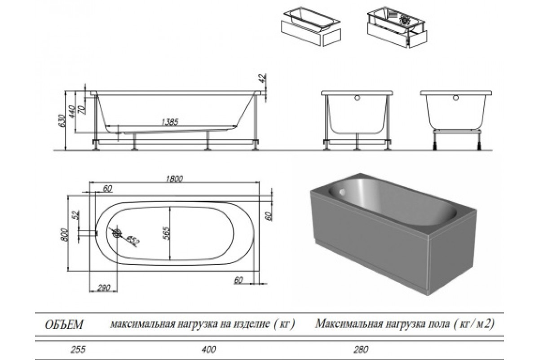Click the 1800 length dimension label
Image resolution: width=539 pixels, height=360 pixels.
click(x=175, y=179)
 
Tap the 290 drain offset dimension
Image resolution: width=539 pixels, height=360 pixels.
click(x=104, y=288)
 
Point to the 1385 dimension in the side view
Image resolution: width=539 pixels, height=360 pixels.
click(x=170, y=122)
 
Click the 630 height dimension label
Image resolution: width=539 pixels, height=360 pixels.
click(x=62, y=121)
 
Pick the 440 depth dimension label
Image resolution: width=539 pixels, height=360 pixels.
click(x=72, y=112)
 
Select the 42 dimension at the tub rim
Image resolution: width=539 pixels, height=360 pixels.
click(x=263, y=78)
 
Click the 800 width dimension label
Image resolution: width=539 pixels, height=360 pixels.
click(x=65, y=234)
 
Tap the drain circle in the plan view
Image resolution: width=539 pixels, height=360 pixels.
click(x=117, y=233)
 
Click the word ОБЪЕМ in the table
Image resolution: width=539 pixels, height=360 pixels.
click(x=64, y=325)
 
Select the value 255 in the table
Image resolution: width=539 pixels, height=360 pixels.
click(x=78, y=349)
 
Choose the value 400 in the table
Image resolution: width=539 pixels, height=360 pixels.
click(x=208, y=349)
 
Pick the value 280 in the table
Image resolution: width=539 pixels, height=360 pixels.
click(x=361, y=349)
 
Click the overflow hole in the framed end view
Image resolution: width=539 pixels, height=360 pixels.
click(x=357, y=98)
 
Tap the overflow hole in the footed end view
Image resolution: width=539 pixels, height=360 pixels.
click(x=456, y=98)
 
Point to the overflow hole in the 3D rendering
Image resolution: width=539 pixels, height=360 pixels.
click(x=342, y=192)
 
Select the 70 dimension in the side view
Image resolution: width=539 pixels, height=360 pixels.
click(x=83, y=110)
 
